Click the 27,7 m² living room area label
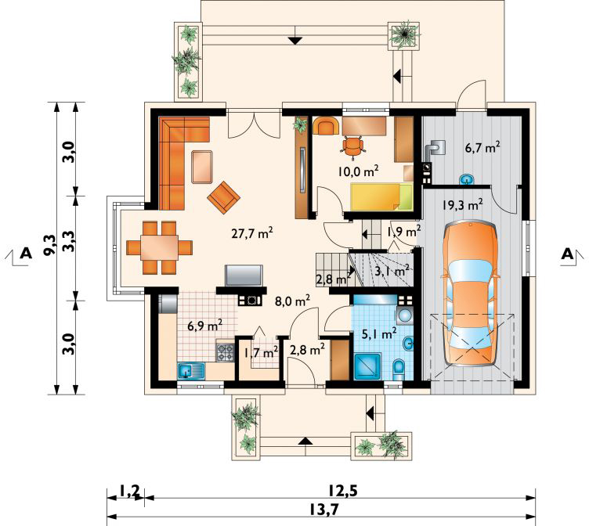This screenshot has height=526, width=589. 251,233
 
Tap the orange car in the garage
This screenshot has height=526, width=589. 471,294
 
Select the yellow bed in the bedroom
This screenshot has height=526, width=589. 381,196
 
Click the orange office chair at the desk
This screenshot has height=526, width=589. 352,146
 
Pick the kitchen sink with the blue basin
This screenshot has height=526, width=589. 191,371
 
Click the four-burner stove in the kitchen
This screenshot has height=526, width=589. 225,352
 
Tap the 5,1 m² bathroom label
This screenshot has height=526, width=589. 378,333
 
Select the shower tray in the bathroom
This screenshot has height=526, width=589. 368,366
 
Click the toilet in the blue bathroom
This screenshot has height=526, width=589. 399,369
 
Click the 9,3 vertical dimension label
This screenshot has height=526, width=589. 49,244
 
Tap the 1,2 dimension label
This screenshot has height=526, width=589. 129,490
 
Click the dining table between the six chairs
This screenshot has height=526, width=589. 159,247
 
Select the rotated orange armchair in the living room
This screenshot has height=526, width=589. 223,197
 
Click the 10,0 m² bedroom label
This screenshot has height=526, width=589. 358,171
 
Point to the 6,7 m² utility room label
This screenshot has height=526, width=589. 482,148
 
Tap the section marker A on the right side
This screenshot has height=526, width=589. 567,254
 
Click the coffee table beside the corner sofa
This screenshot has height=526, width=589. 202,167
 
